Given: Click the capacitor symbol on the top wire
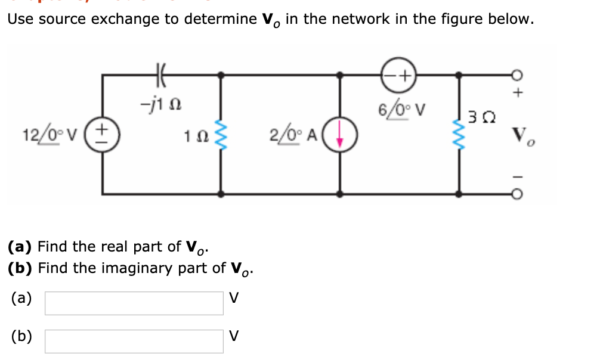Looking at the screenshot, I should [x=162, y=75].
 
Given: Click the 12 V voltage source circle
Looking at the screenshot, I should [x=102, y=135].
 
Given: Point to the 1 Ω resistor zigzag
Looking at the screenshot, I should [x=221, y=135].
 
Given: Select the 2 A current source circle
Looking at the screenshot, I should [x=340, y=135].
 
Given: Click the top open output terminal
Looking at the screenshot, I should [x=518, y=75].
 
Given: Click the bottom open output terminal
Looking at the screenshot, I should [x=518, y=194].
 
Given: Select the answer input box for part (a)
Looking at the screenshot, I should [x=134, y=303].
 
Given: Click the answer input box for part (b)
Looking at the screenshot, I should [x=134, y=341].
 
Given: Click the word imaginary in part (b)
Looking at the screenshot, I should [x=141, y=268].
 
